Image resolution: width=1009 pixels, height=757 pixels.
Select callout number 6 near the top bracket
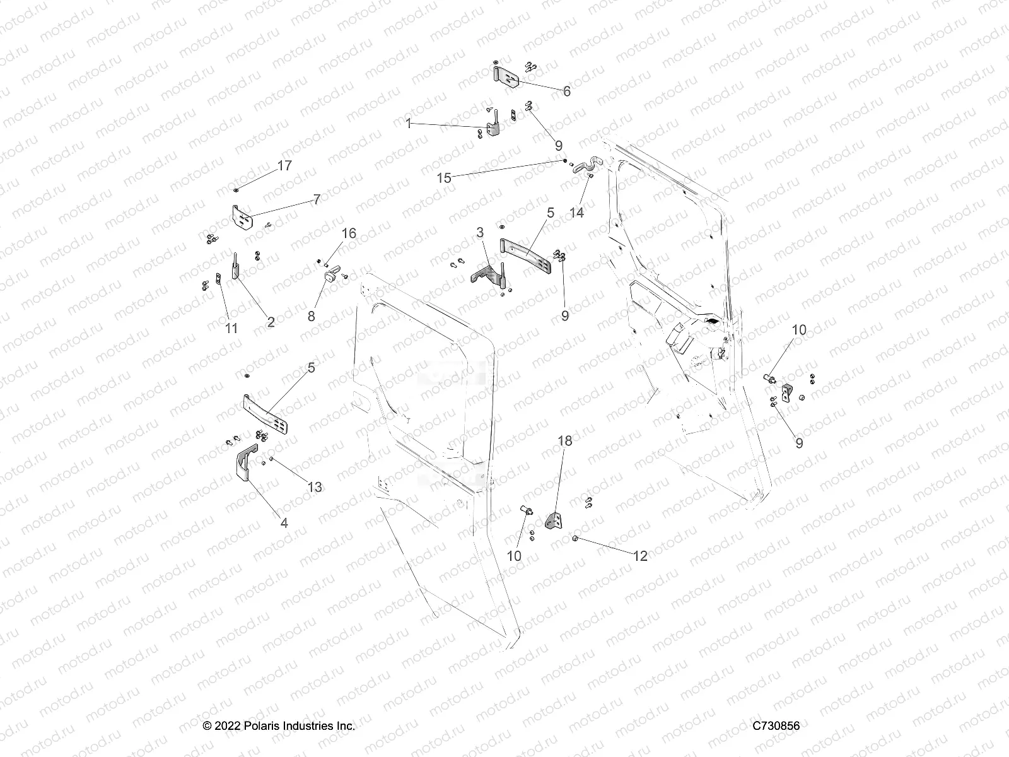tap(566, 92)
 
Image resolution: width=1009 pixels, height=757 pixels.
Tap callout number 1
tap(409, 124)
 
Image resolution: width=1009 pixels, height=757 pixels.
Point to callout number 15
tap(444, 178)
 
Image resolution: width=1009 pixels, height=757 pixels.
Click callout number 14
tap(576, 213)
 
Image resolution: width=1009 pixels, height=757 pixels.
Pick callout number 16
tap(349, 233)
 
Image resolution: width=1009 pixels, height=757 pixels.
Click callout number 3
tap(480, 233)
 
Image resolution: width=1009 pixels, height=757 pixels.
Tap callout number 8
tap(311, 315)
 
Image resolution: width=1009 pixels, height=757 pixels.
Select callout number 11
tap(231, 328)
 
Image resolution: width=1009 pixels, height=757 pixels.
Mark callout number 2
tap(271, 322)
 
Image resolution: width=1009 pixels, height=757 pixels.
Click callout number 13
tap(315, 486)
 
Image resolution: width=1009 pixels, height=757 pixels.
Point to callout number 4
tap(284, 523)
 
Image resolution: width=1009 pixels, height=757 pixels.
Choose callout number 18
tap(565, 441)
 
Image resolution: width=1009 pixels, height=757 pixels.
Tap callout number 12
tap(640, 556)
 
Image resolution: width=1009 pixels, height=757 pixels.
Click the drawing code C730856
tap(776, 726)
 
